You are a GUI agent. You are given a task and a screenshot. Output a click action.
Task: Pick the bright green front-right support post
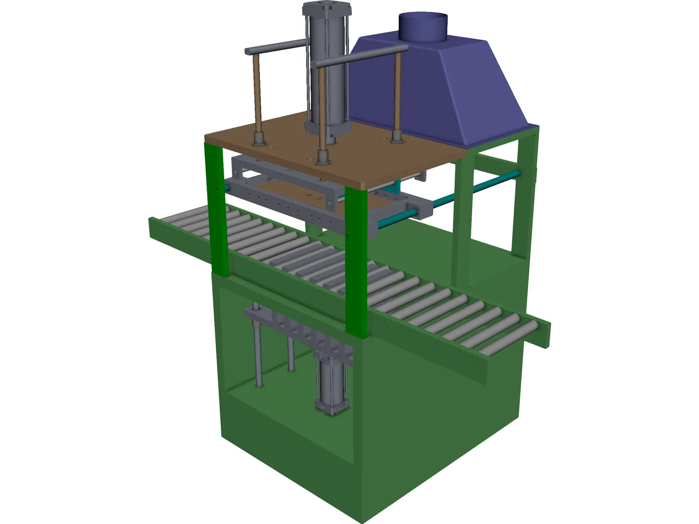[356, 262]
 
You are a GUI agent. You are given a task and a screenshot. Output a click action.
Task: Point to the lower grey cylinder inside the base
[331, 380]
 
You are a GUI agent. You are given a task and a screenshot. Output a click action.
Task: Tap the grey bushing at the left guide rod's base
[259, 140]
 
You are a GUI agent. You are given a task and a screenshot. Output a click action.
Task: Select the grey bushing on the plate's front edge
[323, 157]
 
